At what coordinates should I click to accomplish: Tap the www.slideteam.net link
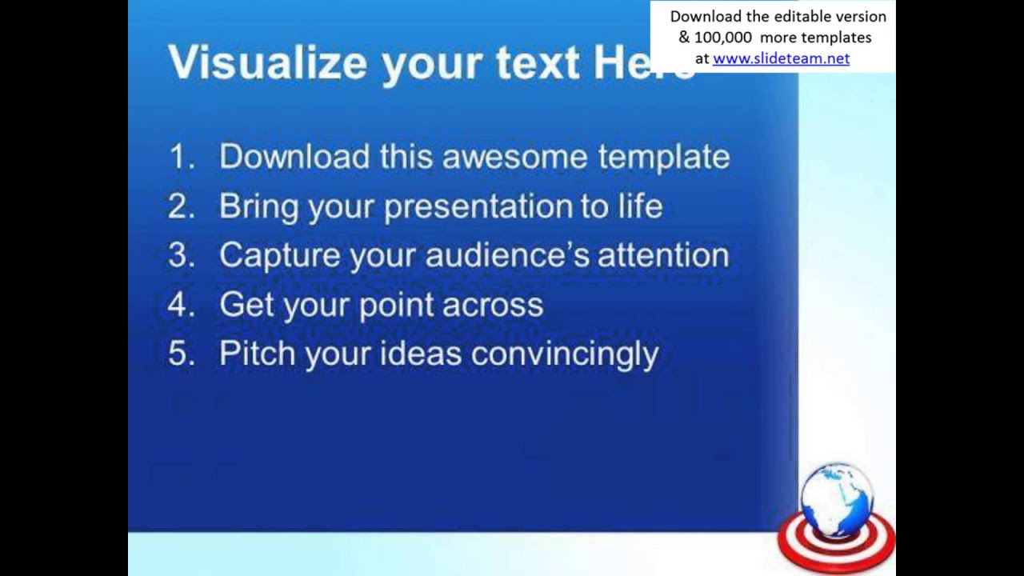(781, 58)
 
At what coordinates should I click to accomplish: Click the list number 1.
(181, 157)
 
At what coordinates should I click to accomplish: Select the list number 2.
(181, 206)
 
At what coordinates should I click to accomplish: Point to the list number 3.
(181, 256)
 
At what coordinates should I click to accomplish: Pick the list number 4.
(181, 305)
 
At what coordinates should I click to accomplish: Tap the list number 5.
(181, 354)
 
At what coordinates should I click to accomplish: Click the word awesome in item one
(514, 157)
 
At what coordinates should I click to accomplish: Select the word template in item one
(663, 157)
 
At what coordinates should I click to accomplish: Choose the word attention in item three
(663, 256)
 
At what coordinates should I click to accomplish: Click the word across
(493, 305)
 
